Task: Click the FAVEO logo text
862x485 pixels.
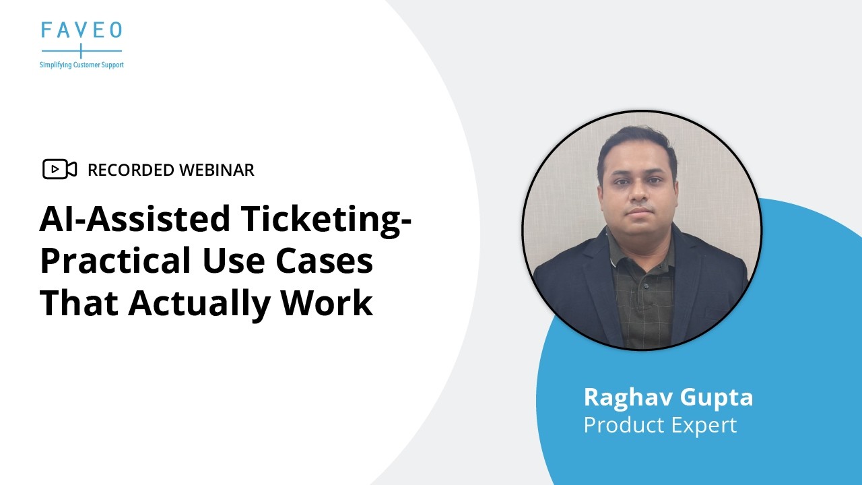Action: coord(81,30)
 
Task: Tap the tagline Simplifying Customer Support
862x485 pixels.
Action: coord(81,65)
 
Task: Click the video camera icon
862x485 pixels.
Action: coord(59,170)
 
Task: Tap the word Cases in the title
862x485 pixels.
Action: coord(325,261)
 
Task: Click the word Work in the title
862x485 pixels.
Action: coord(327,303)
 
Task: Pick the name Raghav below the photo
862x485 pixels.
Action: coord(628,397)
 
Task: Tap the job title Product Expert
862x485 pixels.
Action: coord(660,425)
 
